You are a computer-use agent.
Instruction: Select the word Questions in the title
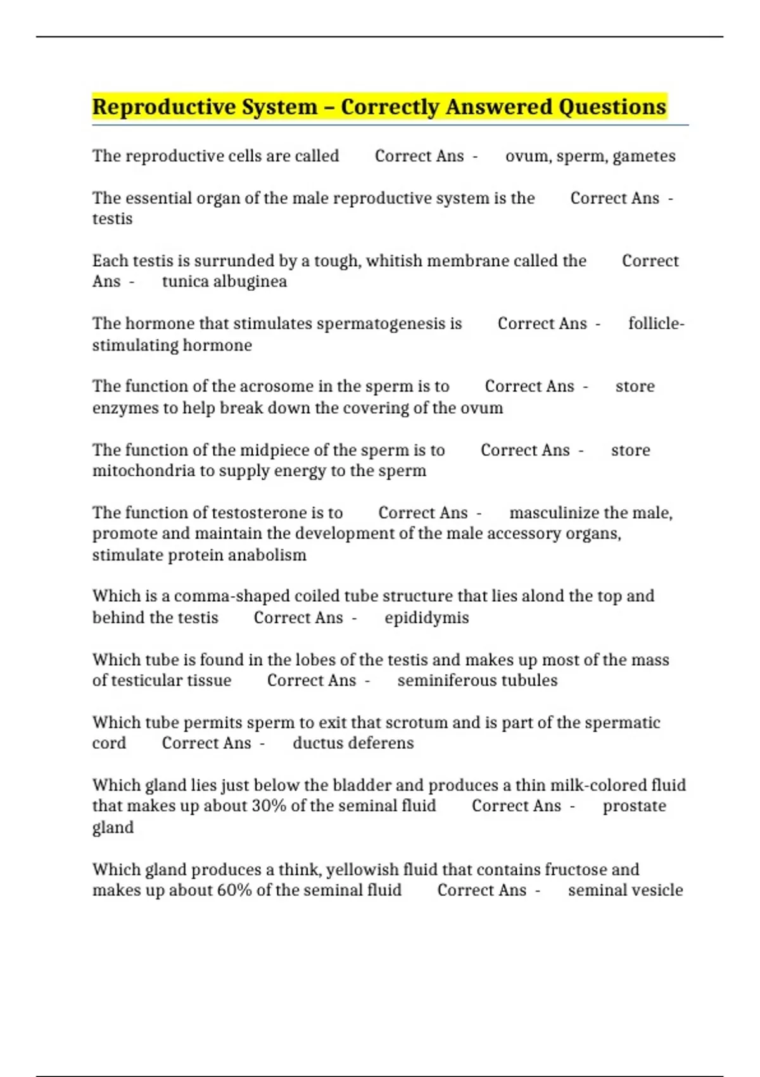click(612, 107)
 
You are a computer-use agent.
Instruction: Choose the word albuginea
click(249, 281)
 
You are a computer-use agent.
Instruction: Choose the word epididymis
click(427, 618)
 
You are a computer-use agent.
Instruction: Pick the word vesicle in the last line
click(657, 890)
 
